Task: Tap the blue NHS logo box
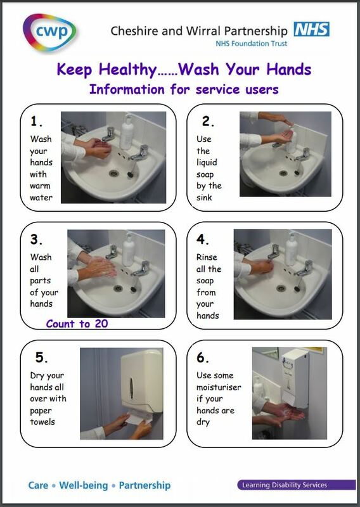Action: [311, 29]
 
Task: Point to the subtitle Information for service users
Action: [184, 89]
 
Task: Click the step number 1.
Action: [36, 122]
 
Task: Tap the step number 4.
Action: [202, 240]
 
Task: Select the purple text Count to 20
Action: [77, 323]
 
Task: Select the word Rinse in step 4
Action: [206, 257]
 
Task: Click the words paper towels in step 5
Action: [42, 416]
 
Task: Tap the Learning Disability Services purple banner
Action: [283, 485]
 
